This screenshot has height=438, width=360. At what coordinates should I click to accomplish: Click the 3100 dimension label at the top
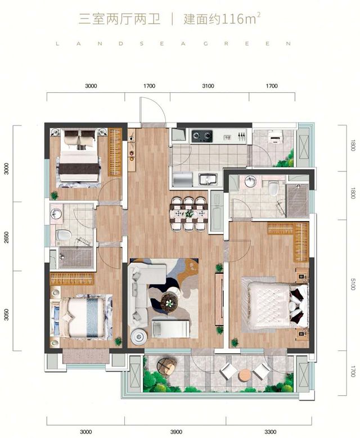click(x=208, y=86)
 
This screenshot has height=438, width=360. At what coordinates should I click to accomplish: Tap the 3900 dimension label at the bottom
click(x=176, y=432)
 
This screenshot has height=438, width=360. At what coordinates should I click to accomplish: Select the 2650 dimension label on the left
click(x=6, y=237)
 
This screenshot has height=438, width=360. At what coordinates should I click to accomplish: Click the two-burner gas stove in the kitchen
click(x=202, y=136)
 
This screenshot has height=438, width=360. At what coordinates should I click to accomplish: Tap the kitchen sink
click(x=208, y=179)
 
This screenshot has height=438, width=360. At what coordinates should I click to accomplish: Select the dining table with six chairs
click(x=188, y=214)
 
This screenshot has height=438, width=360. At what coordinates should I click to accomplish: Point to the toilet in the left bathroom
click(x=64, y=235)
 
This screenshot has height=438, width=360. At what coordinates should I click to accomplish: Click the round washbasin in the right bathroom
click(x=250, y=181)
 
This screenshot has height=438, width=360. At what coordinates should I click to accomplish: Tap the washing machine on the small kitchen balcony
click(x=274, y=137)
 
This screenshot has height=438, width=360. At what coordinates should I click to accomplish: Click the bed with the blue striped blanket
click(x=81, y=317)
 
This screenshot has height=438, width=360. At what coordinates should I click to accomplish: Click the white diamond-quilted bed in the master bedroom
click(x=274, y=305)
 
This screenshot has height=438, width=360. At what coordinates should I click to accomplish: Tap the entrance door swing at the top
click(x=152, y=110)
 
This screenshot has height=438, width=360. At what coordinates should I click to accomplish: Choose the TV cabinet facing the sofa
click(x=219, y=299)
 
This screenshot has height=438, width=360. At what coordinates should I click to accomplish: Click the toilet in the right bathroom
click(x=273, y=188)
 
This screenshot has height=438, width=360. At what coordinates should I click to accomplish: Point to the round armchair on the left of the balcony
click(x=166, y=366)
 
